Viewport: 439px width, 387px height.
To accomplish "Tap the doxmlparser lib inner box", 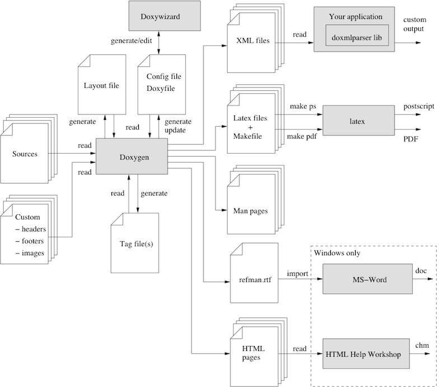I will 357,37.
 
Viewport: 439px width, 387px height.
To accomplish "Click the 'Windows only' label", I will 337,253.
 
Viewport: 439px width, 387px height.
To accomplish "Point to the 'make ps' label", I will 303,107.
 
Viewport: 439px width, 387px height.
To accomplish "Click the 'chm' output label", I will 421,346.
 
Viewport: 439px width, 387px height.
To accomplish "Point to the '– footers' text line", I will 31,241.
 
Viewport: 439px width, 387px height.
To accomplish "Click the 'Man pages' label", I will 250,211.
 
